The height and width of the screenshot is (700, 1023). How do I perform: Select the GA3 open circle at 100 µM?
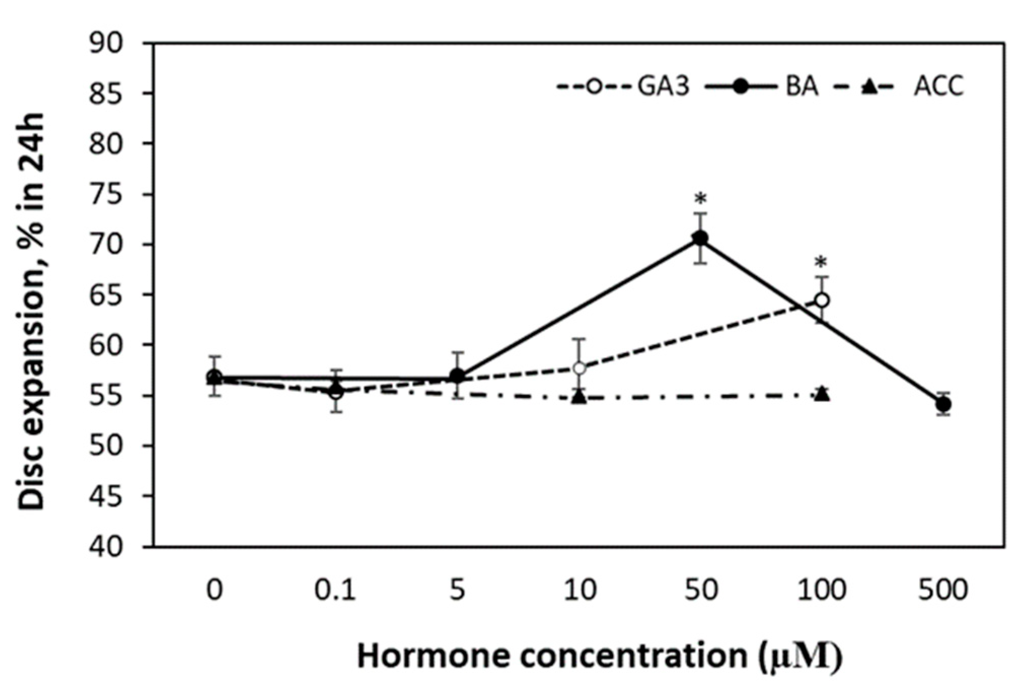[822, 300]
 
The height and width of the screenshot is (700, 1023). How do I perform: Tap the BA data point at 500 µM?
[943, 404]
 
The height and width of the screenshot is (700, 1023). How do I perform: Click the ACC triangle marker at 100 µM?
[822, 394]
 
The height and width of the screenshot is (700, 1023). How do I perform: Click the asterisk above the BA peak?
[700, 199]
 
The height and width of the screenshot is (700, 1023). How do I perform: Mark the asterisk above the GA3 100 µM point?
[821, 263]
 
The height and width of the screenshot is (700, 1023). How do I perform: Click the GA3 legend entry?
[623, 87]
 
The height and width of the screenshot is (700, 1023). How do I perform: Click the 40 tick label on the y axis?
[106, 547]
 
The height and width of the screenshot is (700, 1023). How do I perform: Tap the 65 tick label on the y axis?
[106, 296]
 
